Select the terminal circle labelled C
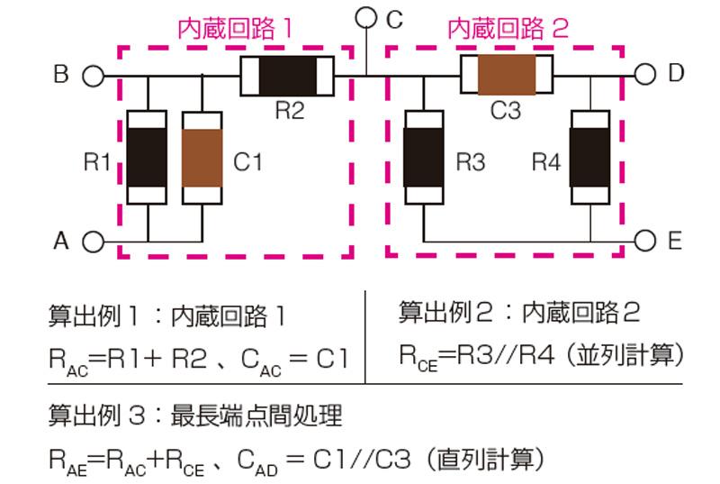point(366,17)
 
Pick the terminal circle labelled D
point(644,75)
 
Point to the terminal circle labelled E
point(644,241)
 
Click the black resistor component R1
point(147,158)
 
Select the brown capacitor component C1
point(202,158)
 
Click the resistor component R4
point(590,158)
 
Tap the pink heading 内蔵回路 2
point(508,29)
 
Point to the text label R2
point(289,112)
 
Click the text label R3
point(471,163)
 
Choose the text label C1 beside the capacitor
point(247,163)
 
